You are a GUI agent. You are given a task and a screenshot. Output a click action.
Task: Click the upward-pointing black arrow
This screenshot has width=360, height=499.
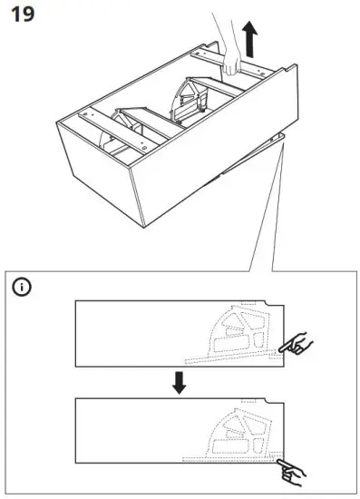click(x=250, y=40)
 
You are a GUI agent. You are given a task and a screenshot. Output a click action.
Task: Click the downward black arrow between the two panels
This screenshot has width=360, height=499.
click(x=180, y=382)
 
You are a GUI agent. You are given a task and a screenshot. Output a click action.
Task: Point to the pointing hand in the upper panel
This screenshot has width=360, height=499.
click(x=297, y=344)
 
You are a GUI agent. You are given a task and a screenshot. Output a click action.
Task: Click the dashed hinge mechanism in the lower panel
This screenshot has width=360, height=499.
click(x=239, y=431)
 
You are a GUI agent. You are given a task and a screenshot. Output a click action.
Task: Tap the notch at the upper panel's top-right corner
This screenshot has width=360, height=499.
click(x=274, y=306)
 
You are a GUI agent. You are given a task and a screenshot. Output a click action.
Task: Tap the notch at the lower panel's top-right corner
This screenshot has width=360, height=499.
click(x=274, y=403)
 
